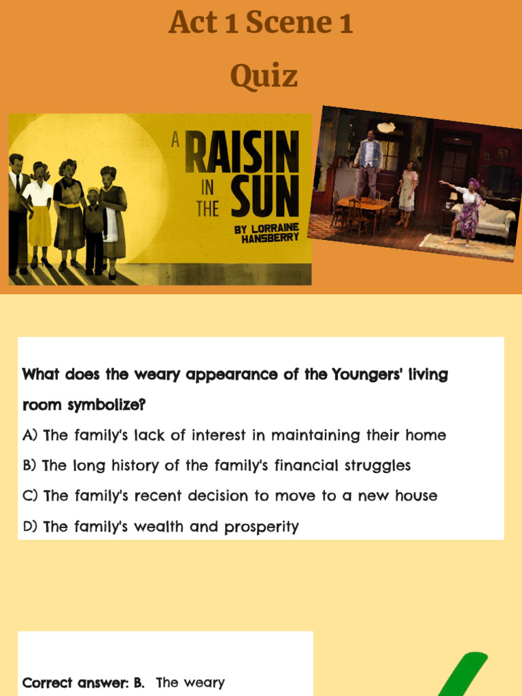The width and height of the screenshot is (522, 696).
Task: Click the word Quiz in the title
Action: [x=264, y=76]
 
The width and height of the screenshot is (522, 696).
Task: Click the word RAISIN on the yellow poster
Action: [x=242, y=154]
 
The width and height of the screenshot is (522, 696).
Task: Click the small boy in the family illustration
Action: [x=93, y=228]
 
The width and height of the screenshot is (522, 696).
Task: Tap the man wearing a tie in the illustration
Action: [x=18, y=211]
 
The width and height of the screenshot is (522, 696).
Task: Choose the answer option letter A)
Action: [x=30, y=436]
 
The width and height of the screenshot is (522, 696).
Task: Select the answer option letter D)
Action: [x=30, y=527]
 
